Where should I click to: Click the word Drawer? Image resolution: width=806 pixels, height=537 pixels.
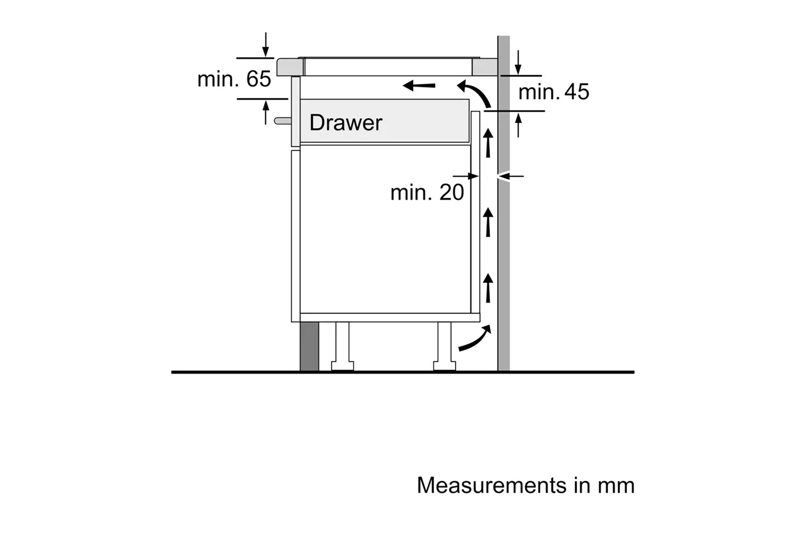[x=346, y=123]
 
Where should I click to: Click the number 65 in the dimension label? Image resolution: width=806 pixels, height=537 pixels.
[x=259, y=79]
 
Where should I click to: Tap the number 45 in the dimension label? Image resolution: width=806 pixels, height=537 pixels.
[x=577, y=92]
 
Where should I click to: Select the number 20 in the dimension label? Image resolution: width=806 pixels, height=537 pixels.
[x=451, y=193]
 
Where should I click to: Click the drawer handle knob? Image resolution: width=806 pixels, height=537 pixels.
[x=282, y=121]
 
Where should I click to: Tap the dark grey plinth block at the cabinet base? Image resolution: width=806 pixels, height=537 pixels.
[x=309, y=346]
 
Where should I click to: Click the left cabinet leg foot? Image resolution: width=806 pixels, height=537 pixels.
[x=342, y=366]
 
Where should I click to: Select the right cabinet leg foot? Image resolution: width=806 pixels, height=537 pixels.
[x=444, y=366]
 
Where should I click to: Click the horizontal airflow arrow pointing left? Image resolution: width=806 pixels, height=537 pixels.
[x=419, y=85]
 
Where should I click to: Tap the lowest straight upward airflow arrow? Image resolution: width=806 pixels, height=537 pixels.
[x=488, y=287]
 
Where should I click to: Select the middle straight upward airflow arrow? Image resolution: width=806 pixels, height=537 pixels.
[x=488, y=222]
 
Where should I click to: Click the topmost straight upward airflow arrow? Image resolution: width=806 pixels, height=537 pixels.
[x=488, y=142]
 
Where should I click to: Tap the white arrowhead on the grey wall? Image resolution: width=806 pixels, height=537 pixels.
[x=503, y=176]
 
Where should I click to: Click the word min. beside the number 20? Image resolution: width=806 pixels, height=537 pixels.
[x=411, y=193]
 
